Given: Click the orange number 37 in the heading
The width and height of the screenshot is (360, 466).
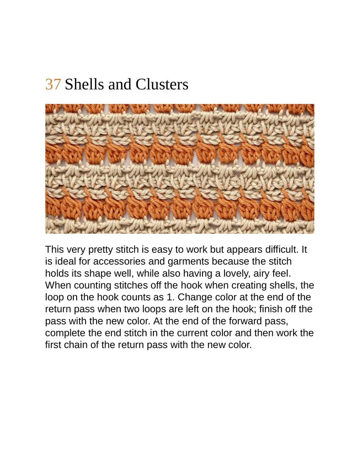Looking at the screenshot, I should click(x=53, y=84).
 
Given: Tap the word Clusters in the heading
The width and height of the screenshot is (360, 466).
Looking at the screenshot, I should click(x=162, y=84).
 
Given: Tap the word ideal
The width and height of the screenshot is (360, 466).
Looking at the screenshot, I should click(x=64, y=261).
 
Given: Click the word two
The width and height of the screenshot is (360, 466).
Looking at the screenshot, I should click(x=121, y=309).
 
